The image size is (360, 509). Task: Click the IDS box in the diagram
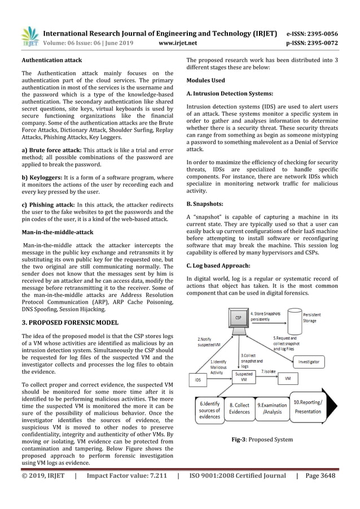(197, 380)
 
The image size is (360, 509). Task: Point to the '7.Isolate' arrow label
(269, 372)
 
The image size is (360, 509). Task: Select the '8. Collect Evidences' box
(239, 409)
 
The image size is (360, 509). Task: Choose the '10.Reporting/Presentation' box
(308, 406)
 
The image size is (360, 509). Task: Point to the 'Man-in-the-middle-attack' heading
(56, 232)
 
